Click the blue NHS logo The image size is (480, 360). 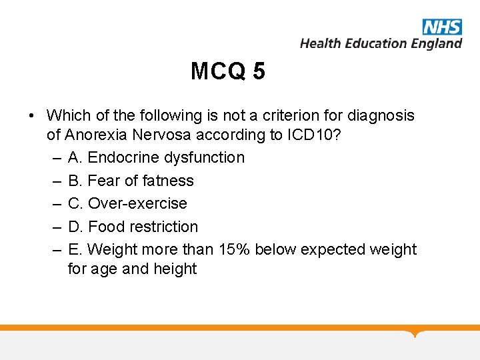442,27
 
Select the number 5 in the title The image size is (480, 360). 259,71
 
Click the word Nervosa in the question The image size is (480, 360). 161,135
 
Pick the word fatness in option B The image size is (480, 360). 168,181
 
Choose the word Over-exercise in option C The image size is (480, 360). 137,203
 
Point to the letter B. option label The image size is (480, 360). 75,181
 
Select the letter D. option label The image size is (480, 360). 75,227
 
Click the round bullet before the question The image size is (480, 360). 31,116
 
